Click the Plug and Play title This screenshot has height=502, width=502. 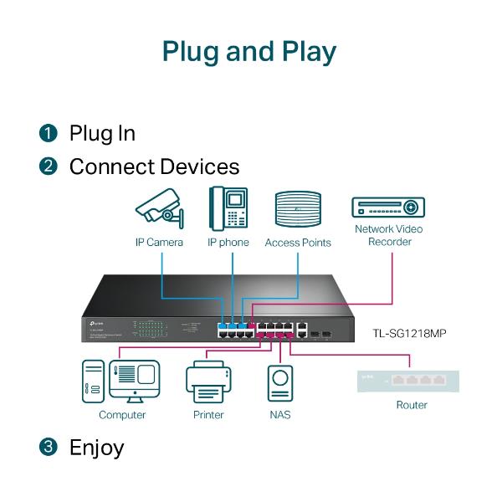[x=249, y=51]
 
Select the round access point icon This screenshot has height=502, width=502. [x=298, y=210]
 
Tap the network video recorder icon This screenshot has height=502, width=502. [x=388, y=207]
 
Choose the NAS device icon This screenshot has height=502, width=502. [x=280, y=383]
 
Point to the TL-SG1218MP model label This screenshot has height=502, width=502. [x=409, y=333]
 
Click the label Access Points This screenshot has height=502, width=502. [x=298, y=243]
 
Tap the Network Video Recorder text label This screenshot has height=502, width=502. [x=388, y=235]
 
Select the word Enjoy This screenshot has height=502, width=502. [x=96, y=447]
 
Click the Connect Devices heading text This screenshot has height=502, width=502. [x=154, y=166]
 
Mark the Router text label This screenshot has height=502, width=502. [x=411, y=405]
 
